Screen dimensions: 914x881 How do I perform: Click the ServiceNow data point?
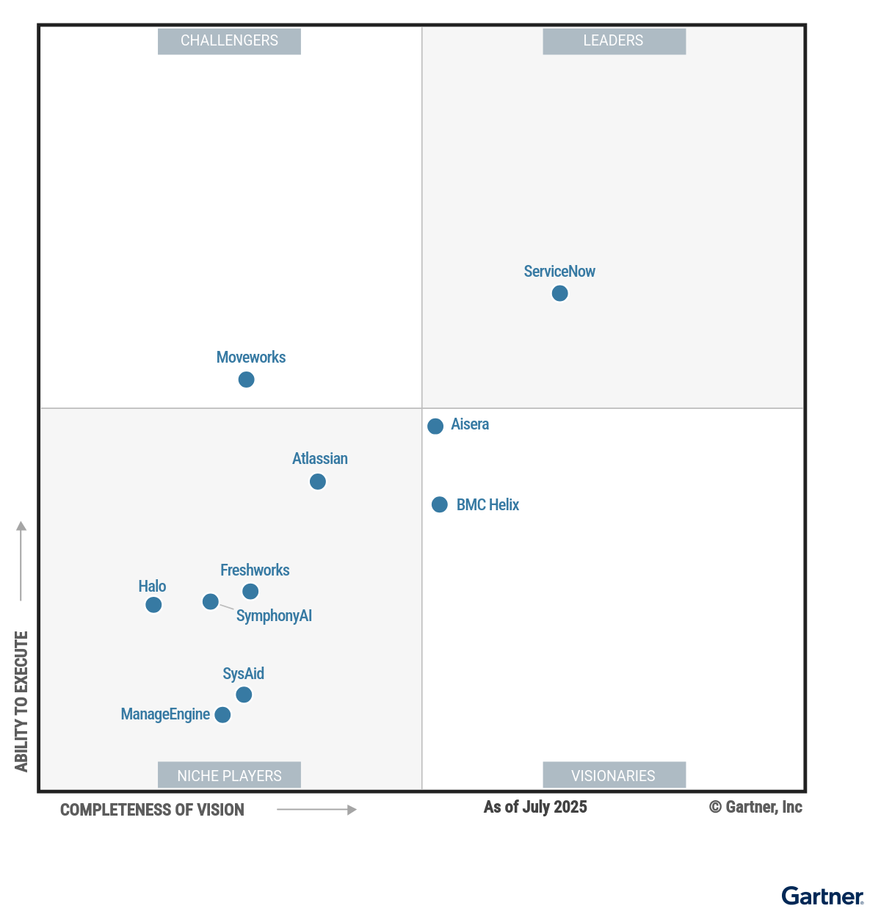[x=559, y=294]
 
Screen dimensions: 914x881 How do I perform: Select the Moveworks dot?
[x=247, y=380]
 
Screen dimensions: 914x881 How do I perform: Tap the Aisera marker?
[x=435, y=426]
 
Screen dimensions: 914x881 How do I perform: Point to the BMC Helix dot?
[x=440, y=504]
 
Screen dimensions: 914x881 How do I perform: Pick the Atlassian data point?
[x=318, y=482]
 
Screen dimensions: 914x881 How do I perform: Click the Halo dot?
[x=153, y=605]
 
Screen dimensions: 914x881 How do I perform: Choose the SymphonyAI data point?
[x=211, y=602]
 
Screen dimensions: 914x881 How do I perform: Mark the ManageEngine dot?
[x=222, y=715]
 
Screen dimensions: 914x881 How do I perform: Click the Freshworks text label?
[x=255, y=570]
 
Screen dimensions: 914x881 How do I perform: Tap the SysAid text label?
[x=243, y=673]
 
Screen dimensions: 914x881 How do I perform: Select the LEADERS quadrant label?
[x=614, y=41]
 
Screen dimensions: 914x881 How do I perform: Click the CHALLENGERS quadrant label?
[x=229, y=41]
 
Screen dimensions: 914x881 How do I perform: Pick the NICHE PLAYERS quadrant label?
[x=229, y=775]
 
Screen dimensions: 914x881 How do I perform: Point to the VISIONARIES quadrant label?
[x=614, y=775]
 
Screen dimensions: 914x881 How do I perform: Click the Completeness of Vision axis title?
[x=152, y=810]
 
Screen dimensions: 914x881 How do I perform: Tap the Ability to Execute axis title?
[x=21, y=701]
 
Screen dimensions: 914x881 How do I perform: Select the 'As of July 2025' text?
[x=535, y=807]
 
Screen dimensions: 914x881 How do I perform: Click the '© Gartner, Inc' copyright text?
[x=755, y=807]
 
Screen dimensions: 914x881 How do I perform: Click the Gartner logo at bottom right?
[x=822, y=896]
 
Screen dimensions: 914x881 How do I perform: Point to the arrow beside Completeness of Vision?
[x=316, y=810]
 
